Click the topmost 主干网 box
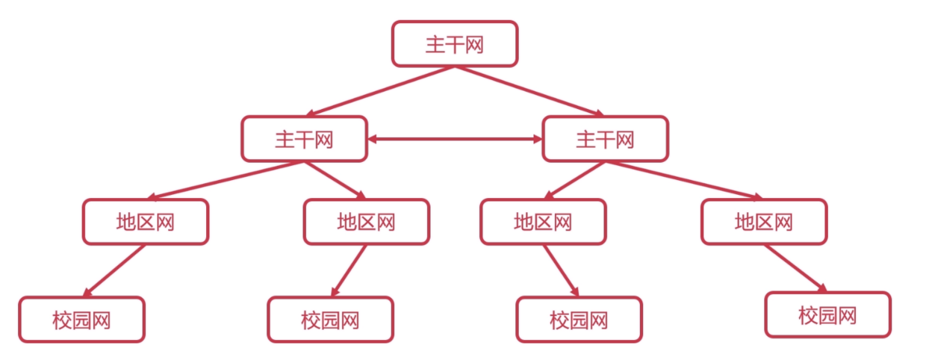(x=454, y=44)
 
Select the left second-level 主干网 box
(x=304, y=139)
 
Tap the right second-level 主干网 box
(x=605, y=139)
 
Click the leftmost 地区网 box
(x=146, y=222)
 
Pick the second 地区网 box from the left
(x=366, y=222)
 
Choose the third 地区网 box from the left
(x=543, y=222)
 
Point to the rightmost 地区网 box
(x=763, y=222)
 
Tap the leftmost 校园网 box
(x=81, y=320)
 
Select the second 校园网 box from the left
(x=330, y=320)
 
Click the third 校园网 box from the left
(x=579, y=320)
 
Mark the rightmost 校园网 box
(x=827, y=314)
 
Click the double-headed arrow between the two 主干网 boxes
(x=455, y=139)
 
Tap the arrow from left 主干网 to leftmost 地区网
(x=224, y=180)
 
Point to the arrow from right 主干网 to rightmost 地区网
(x=683, y=180)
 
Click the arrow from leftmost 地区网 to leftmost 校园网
(x=114, y=270)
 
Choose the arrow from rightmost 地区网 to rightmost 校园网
(x=795, y=268)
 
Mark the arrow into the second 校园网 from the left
(x=349, y=270)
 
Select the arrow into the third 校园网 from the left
(x=561, y=270)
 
